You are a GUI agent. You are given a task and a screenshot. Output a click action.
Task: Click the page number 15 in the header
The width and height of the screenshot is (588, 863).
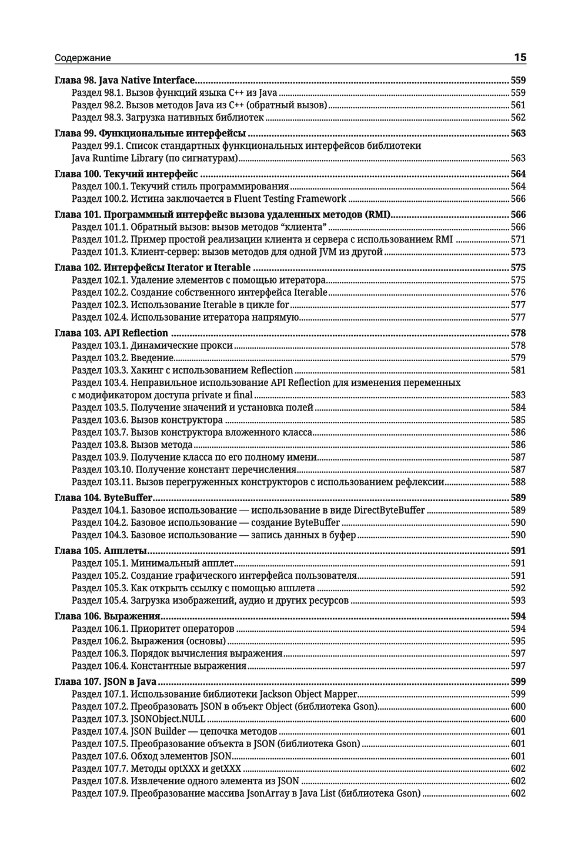point(520,57)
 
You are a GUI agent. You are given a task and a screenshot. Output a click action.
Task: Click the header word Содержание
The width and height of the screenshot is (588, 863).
point(82,58)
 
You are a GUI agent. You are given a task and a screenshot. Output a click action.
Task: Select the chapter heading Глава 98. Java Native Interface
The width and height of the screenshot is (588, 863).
point(124,80)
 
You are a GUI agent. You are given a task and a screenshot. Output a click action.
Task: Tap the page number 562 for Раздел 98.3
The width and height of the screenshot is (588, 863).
point(518,118)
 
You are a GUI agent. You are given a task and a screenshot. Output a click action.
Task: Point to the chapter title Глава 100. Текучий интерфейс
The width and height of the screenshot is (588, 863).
point(126,174)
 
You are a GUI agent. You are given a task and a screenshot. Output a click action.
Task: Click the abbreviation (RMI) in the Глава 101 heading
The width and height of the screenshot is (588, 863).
point(378,215)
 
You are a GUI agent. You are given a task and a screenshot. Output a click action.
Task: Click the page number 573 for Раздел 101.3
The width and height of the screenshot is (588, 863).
point(518,252)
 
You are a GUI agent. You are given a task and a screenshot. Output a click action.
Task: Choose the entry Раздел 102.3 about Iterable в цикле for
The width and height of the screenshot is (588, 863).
point(181,305)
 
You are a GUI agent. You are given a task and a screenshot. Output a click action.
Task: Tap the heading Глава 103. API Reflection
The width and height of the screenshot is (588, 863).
point(111,333)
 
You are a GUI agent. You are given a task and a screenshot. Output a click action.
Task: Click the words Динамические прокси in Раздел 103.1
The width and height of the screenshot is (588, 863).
point(182,345)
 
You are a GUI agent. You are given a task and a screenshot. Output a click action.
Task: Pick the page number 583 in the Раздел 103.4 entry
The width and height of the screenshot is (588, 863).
point(518,395)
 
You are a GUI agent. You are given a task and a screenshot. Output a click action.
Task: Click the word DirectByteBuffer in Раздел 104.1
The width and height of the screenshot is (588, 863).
point(389,510)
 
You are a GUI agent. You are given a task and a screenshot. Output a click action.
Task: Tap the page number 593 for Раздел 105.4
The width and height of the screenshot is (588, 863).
point(518,601)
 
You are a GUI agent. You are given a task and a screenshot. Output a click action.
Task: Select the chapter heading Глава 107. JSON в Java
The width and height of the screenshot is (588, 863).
point(105,682)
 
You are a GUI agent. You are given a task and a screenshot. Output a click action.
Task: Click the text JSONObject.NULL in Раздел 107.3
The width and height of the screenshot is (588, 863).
point(168,719)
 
